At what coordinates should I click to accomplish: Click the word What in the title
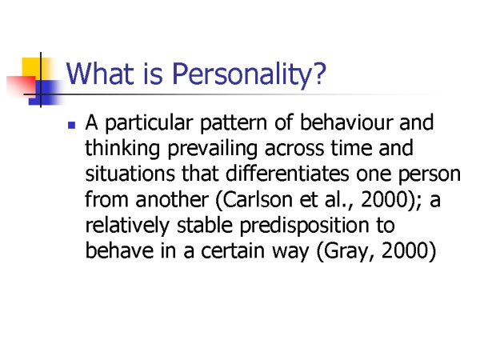tap(100, 74)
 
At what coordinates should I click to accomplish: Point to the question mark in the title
tap(319, 74)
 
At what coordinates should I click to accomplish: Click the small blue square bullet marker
tap(71, 125)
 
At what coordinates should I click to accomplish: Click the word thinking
tap(122, 149)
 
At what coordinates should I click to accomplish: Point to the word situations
tap(130, 174)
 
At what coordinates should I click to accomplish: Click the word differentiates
tap(287, 174)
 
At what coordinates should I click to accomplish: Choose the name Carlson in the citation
tap(257, 199)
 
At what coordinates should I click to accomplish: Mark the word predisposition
tap(304, 226)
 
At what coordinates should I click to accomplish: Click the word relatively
tap(127, 226)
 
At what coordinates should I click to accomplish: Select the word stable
tap(205, 225)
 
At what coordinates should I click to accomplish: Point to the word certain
tap(233, 251)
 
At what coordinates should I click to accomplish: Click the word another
tap(172, 199)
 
